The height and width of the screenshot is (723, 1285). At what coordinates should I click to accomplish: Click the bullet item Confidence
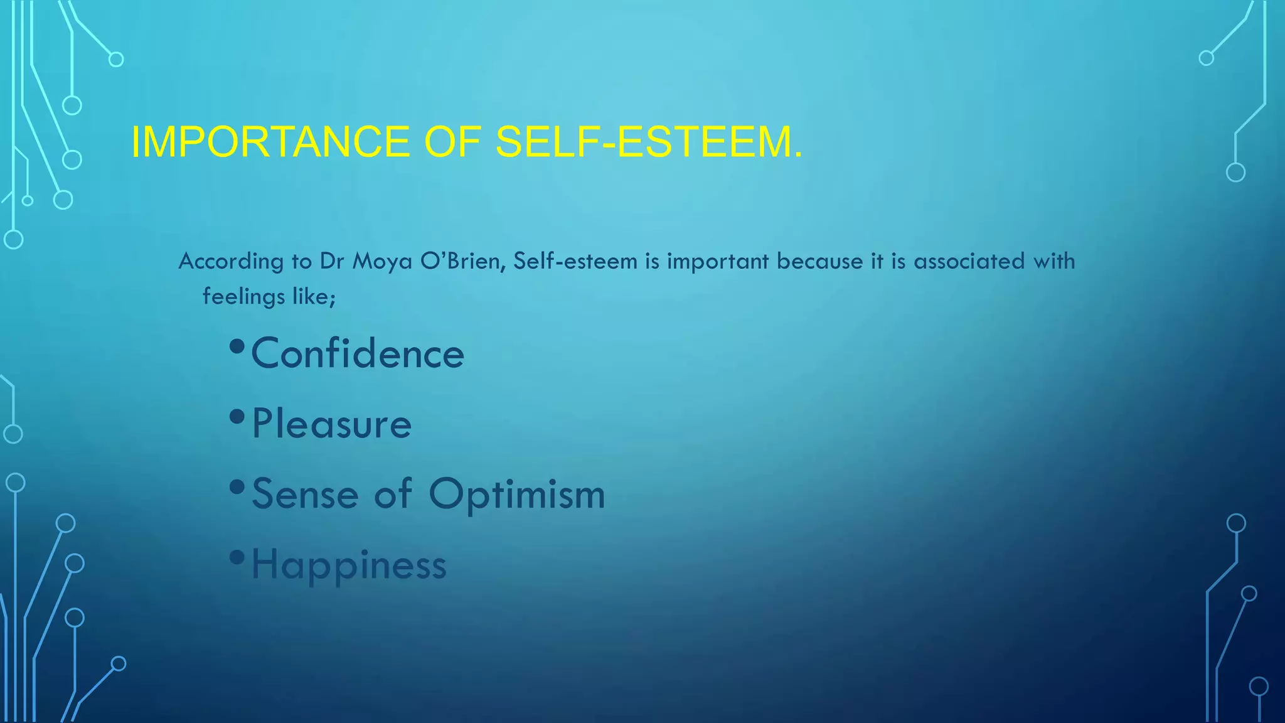click(x=357, y=354)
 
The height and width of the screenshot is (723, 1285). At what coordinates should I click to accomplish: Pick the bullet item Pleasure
click(x=331, y=424)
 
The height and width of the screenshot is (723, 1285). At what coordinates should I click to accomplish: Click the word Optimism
click(x=517, y=495)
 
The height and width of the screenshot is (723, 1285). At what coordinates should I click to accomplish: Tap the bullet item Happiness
click(x=349, y=565)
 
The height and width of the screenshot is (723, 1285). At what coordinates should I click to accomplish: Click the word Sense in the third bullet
click(x=305, y=495)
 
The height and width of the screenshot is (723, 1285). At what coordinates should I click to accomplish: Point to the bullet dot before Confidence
click(x=237, y=346)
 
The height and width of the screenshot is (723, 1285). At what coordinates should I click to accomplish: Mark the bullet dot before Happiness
click(x=237, y=557)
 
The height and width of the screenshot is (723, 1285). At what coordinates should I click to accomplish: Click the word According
click(x=231, y=261)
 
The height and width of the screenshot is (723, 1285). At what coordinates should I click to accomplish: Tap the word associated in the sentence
click(x=969, y=261)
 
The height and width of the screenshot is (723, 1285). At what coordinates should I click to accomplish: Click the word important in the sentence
click(x=718, y=261)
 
